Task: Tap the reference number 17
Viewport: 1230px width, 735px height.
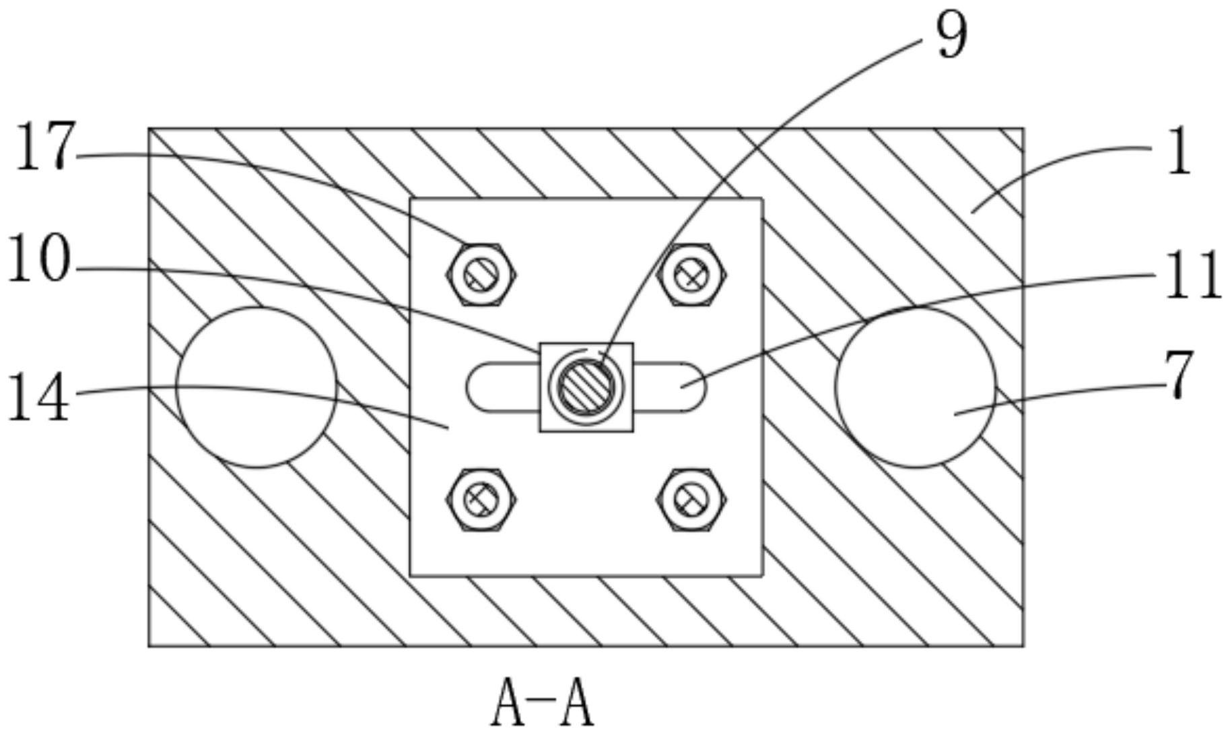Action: coord(42,147)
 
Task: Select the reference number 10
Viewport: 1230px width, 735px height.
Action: coord(38,259)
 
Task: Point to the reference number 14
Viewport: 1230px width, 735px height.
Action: coord(38,399)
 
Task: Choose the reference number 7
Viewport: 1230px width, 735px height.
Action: coord(1179,376)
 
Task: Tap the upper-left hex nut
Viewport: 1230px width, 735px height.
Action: coord(481,274)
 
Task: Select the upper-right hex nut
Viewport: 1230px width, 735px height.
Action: coord(691,274)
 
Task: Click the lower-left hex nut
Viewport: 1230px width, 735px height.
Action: coord(481,499)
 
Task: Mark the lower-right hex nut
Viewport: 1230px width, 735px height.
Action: coord(691,499)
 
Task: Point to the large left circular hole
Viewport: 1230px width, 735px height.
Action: coord(256,387)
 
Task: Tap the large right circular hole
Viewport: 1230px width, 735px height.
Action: coord(915,387)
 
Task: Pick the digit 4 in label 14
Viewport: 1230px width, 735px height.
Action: coord(53,399)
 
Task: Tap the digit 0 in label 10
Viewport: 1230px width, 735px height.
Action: coord(53,259)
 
